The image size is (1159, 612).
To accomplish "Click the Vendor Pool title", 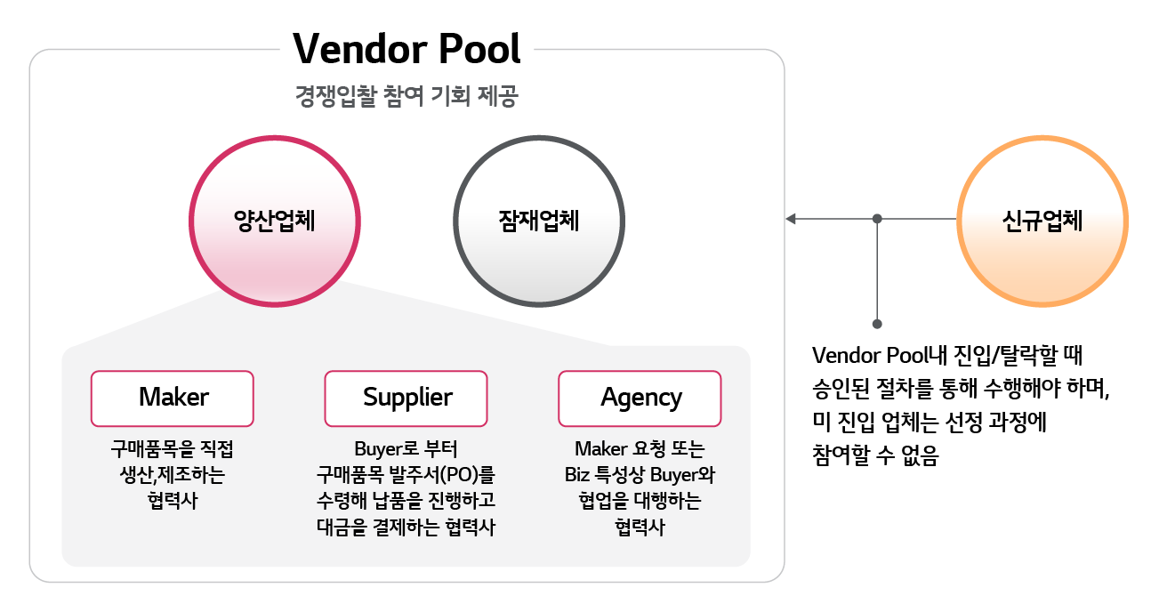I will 406,49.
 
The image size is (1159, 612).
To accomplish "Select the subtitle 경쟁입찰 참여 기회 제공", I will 406,96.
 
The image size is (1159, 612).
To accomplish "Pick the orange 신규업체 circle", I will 1042,220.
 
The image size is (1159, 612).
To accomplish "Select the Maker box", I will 173,398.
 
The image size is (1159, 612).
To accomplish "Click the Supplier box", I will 406,398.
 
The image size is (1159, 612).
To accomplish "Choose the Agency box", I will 640,398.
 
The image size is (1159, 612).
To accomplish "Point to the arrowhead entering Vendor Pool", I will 790,219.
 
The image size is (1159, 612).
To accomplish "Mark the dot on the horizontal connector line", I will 877,219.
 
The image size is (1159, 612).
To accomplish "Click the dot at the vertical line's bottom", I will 877,324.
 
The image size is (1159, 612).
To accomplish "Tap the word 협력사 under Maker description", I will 173,499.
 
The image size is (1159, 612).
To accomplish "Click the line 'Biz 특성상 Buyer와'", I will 640,474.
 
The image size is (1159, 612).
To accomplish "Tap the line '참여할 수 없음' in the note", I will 875,456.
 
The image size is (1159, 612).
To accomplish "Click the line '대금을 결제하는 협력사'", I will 406,526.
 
